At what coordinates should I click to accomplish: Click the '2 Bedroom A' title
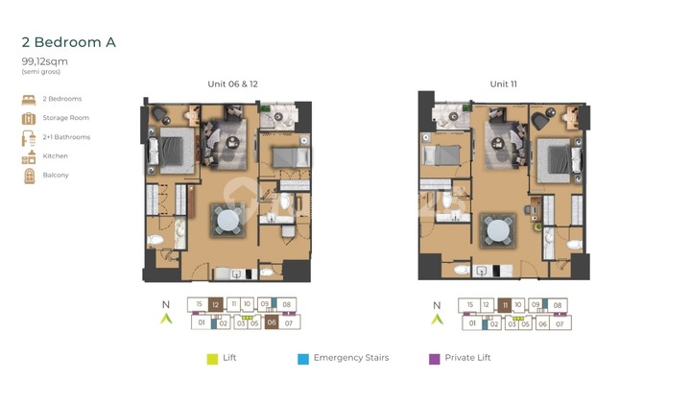coord(69,43)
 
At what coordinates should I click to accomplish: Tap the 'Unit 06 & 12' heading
coord(232,84)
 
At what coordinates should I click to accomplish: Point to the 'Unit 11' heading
coord(504,84)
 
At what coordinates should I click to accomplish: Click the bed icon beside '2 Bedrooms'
coord(28,99)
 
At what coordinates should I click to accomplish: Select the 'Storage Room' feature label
coord(66,118)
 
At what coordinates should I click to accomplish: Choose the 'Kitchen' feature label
coord(56,155)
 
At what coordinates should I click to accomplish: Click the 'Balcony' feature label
coord(56,176)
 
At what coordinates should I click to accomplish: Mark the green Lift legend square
coord(213,359)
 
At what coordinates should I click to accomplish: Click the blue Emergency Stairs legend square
coord(302,359)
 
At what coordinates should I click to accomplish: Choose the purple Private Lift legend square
coord(435,359)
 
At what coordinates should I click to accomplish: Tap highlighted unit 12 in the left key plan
coord(216,304)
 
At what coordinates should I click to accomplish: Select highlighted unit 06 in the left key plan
coord(272,323)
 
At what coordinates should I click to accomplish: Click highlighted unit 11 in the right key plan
coord(504,304)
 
